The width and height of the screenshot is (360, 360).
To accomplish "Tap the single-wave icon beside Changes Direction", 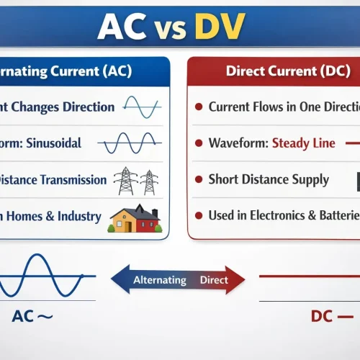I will (141, 107).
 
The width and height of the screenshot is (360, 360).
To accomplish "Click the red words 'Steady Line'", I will (303, 143).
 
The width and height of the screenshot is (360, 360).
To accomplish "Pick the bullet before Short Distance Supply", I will (198, 180).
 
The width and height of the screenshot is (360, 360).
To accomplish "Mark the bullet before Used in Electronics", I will (198, 215).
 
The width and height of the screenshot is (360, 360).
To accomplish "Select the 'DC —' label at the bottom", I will (330, 316).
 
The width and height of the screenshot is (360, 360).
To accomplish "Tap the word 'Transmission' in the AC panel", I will (73, 180).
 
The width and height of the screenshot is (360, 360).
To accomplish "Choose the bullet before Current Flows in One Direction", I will (198, 107).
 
